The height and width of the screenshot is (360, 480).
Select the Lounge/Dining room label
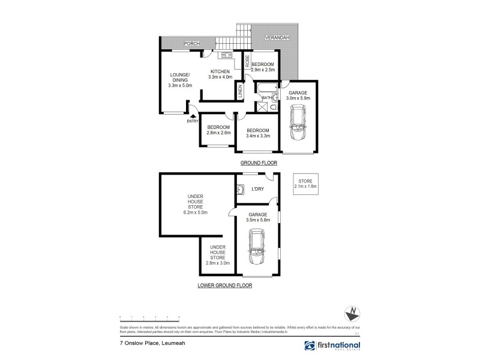pyautogui.click(x=180, y=80)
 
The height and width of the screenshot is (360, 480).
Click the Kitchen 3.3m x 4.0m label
pyautogui.click(x=219, y=74)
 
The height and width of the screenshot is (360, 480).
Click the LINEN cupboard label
pyautogui.click(x=241, y=92)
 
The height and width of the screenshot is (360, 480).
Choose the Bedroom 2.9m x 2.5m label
pyautogui.click(x=263, y=67)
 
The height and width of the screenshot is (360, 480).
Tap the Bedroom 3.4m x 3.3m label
pyautogui.click(x=258, y=133)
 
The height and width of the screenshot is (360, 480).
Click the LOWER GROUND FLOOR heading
pyautogui.click(x=225, y=286)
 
